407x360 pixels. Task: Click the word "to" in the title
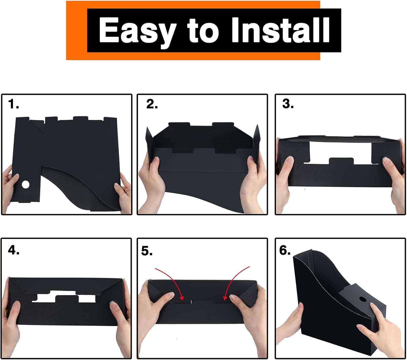click(x=203, y=31)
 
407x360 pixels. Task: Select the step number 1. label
click(x=14, y=104)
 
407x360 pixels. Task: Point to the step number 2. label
click(x=152, y=104)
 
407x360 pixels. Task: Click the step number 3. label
click(x=288, y=104)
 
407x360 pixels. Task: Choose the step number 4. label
click(x=14, y=250)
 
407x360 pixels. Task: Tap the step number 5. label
click(x=147, y=251)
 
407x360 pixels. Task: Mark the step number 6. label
click(x=285, y=250)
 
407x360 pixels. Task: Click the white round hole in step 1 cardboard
click(x=26, y=185)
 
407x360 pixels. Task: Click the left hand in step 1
click(x=8, y=187)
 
